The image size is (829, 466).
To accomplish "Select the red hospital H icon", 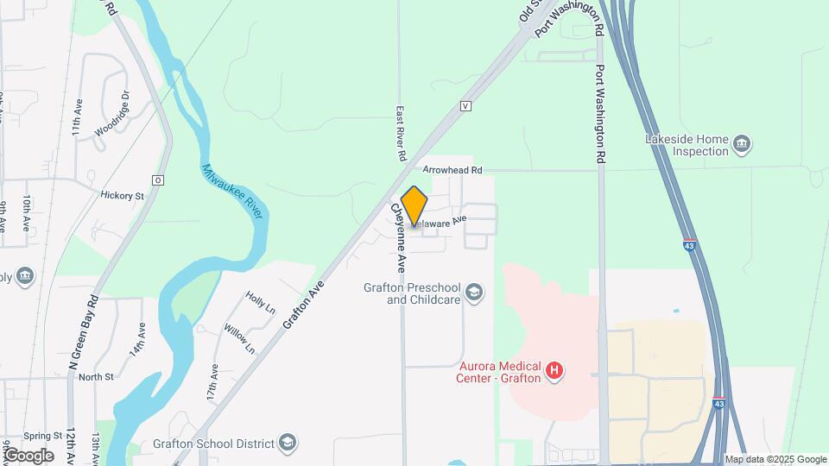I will click(556, 371).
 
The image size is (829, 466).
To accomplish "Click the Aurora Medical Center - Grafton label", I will click(500, 372).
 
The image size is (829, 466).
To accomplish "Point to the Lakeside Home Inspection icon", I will click(742, 144).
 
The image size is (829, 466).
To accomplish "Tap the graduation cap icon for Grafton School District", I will click(288, 444).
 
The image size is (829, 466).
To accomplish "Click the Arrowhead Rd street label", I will click(452, 170).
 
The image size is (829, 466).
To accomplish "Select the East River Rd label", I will click(402, 134).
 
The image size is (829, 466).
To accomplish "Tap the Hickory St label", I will click(122, 196).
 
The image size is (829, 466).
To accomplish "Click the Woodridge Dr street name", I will click(113, 113).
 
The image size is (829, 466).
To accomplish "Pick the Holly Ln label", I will click(259, 301).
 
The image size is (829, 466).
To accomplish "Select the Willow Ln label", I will click(239, 338).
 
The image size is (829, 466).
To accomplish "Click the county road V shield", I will click(465, 106).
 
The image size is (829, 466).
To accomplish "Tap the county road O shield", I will click(158, 180).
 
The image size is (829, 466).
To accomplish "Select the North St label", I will click(96, 376).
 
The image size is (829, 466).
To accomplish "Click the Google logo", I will click(28, 455).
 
